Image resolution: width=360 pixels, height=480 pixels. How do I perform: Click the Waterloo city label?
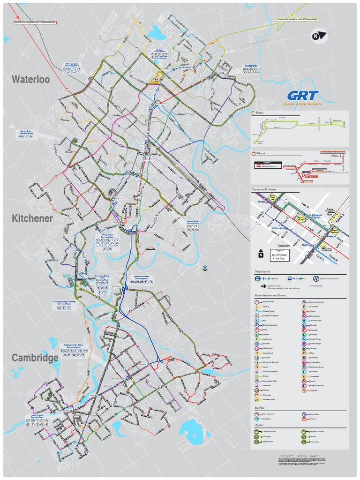tap(31, 80)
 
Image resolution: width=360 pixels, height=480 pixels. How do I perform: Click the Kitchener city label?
tap(32, 218)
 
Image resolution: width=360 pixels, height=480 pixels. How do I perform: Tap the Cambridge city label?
tap(35, 358)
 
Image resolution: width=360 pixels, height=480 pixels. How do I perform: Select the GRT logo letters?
tap(303, 96)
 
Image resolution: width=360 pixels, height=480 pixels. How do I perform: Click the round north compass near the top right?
tap(319, 36)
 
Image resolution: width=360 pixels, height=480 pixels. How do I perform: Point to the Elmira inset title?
tap(259, 113)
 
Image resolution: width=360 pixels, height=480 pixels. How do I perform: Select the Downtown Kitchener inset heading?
tap(264, 189)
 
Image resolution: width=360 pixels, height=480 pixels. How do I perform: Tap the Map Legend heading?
tap(262, 271)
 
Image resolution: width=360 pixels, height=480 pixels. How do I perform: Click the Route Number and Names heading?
tap(270, 295)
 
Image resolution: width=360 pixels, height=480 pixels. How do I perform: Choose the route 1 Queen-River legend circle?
tap(257, 302)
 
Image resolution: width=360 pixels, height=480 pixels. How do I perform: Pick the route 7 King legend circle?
tap(257, 330)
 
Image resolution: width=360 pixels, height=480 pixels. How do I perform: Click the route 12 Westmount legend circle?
tap(257, 348)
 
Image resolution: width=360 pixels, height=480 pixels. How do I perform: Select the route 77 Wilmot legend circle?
tap(304, 419)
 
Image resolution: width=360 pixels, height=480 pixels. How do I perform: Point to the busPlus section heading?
tap(259, 408)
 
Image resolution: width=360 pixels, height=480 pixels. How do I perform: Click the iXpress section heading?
tap(259, 425)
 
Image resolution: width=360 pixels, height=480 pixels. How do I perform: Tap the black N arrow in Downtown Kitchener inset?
tap(261, 254)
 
